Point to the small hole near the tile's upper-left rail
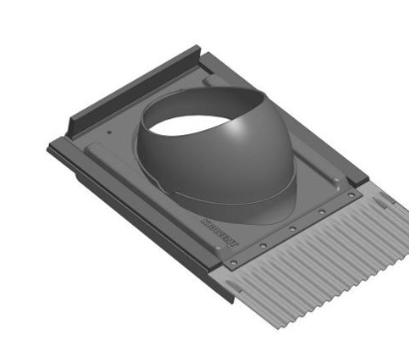[x=107, y=126]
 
